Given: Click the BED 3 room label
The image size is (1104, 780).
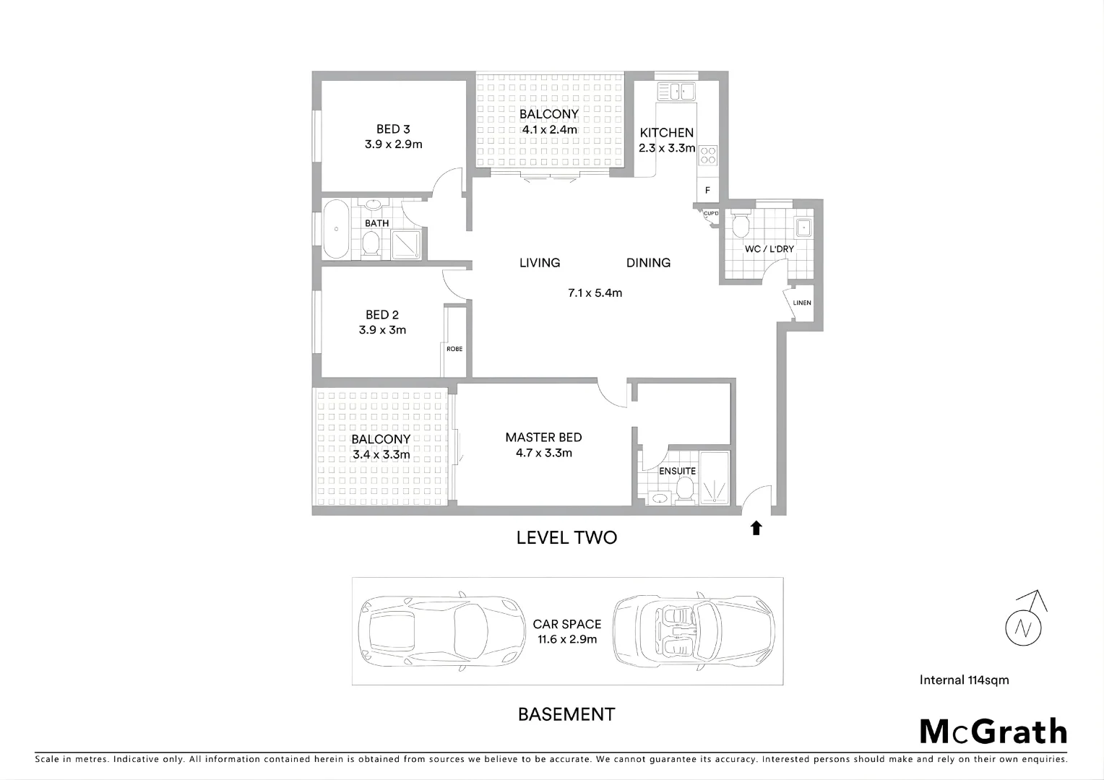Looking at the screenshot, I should tap(393, 129).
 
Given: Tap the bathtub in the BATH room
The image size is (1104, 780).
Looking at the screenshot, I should tap(335, 230).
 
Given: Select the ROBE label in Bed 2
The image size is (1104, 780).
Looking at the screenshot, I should tap(454, 349).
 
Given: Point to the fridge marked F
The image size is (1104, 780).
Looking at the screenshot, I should tap(707, 191).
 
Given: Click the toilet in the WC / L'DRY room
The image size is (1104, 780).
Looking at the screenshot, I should tap(741, 225).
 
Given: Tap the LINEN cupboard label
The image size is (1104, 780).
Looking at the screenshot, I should tap(802, 303).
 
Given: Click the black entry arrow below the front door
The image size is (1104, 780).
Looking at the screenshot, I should tap(756, 528).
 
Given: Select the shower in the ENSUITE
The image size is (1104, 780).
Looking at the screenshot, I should tap(715, 477).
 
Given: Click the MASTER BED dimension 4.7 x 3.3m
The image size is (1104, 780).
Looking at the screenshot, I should tap(543, 454).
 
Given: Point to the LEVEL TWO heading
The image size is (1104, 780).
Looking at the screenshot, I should tap(566, 537).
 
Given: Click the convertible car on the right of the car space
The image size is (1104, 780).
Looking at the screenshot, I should tap(693, 631).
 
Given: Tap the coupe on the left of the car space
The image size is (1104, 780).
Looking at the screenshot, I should tap(441, 630).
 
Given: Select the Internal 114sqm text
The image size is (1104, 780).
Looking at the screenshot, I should tap(964, 680).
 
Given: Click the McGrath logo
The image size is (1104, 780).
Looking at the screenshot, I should tap(993, 732).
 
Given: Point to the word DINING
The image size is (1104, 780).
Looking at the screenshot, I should tap(648, 263).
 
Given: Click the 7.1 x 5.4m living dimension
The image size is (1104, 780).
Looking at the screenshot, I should tap(595, 293).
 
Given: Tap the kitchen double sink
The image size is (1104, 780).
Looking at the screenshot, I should tap(676, 91).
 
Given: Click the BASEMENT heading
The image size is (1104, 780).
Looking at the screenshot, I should tap(566, 714).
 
